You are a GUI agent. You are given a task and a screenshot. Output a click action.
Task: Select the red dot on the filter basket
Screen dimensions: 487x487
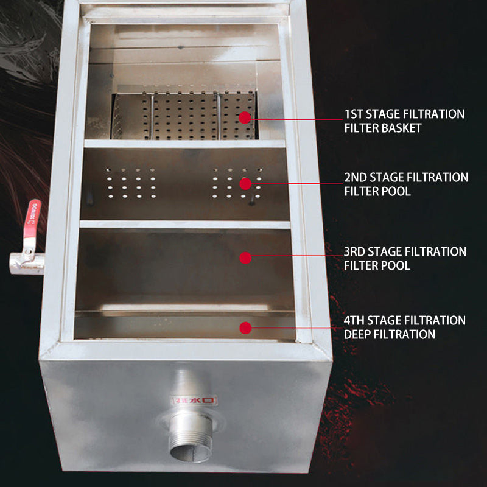[245, 118]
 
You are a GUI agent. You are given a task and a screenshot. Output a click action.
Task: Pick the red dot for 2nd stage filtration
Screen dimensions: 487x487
[245, 183]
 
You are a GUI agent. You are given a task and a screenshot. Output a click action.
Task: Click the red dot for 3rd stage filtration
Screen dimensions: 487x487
[245, 258]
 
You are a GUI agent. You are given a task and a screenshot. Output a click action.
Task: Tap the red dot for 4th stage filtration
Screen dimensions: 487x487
[245, 328]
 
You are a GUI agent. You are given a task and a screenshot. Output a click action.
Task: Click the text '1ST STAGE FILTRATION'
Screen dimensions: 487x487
[404, 114]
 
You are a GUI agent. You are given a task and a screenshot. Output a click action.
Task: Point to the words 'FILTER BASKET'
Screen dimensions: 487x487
[382, 128]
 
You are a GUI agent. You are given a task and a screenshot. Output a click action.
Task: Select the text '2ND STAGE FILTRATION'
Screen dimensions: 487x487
[405, 177]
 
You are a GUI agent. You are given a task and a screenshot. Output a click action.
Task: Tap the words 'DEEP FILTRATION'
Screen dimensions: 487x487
[390, 334]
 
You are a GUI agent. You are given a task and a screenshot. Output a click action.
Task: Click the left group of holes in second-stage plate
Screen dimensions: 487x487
[131, 183]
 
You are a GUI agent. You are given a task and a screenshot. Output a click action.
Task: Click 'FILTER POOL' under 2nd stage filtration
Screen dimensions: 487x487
[377, 191]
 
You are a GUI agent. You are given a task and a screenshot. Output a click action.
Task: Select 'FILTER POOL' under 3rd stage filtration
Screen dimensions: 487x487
[377, 265]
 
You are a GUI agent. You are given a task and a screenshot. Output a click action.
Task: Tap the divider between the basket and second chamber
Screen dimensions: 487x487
[184, 144]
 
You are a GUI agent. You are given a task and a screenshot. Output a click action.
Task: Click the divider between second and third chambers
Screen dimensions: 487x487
[184, 225]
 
